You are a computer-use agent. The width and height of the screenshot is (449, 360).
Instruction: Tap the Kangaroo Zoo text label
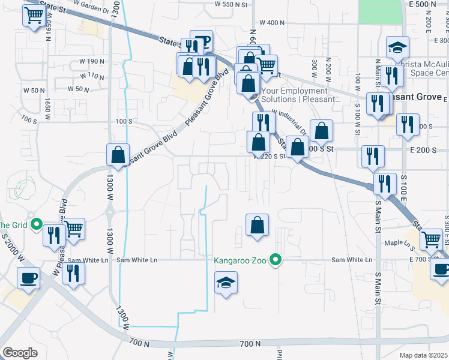coord(243,260)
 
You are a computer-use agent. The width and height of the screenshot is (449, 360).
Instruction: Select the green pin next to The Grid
coord(36,226)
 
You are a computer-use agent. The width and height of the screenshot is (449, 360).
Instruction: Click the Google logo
coord(20,353)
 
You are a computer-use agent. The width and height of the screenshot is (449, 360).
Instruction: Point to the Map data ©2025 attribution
coord(423,355)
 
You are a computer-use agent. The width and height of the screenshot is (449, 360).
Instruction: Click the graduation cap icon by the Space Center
coord(397,47)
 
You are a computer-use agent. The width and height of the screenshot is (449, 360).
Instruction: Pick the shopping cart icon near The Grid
coord(73,229)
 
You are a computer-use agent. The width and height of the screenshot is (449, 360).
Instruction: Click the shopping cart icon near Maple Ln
coord(431,239)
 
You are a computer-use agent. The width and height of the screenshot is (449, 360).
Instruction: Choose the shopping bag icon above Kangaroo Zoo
coord(257,226)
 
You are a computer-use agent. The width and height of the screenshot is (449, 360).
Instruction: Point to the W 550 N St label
coord(231,4)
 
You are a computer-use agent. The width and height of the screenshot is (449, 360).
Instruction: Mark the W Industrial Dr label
coord(290,119)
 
